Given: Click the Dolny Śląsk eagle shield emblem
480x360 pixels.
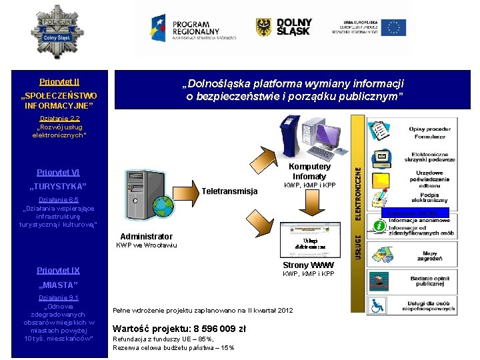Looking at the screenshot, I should click(264, 27).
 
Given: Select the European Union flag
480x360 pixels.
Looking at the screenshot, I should click(393, 27).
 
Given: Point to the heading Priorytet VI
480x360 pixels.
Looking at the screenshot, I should click(59, 171).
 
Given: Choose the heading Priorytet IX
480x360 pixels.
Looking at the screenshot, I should click(59, 270).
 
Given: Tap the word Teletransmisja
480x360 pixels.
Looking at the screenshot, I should click(229, 191).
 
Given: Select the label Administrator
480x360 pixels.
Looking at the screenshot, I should click(146, 237).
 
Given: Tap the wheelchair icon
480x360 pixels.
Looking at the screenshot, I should click(378, 306).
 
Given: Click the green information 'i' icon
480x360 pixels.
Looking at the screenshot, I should click(379, 226).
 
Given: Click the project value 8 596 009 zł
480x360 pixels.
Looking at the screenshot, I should click(181, 328).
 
